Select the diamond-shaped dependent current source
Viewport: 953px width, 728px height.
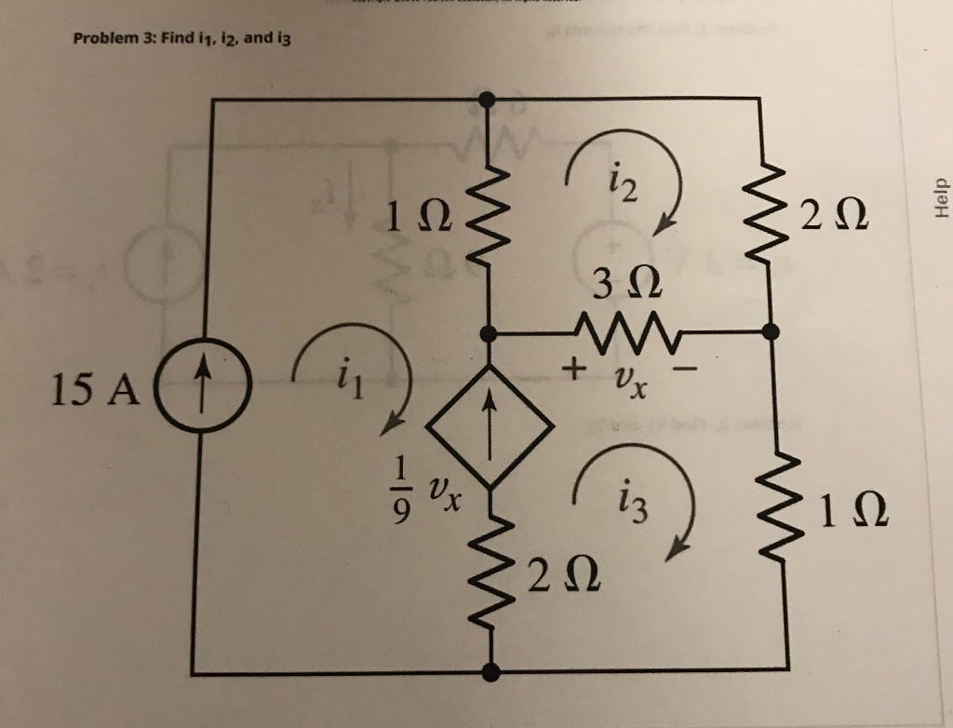click(490, 425)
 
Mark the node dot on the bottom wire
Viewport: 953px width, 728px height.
click(491, 669)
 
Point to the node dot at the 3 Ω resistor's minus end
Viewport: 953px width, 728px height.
click(769, 331)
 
